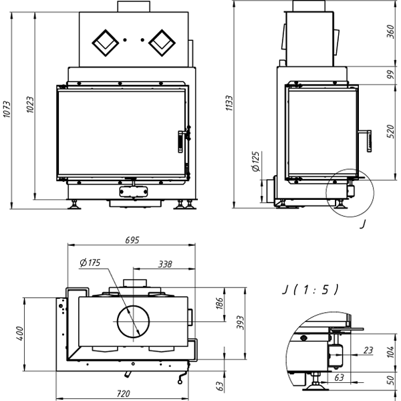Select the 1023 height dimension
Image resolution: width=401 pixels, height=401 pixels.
[x=29, y=105]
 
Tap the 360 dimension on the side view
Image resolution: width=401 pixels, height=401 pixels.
[x=391, y=32]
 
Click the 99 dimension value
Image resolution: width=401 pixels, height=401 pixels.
[x=391, y=75]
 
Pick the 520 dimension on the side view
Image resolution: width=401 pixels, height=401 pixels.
[x=391, y=130]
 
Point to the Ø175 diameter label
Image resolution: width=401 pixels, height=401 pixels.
[x=89, y=263]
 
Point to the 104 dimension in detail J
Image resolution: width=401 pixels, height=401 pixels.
[x=391, y=352]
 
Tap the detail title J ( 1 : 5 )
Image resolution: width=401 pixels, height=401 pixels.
[x=309, y=289]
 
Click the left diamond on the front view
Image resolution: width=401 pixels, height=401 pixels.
[x=104, y=43]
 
